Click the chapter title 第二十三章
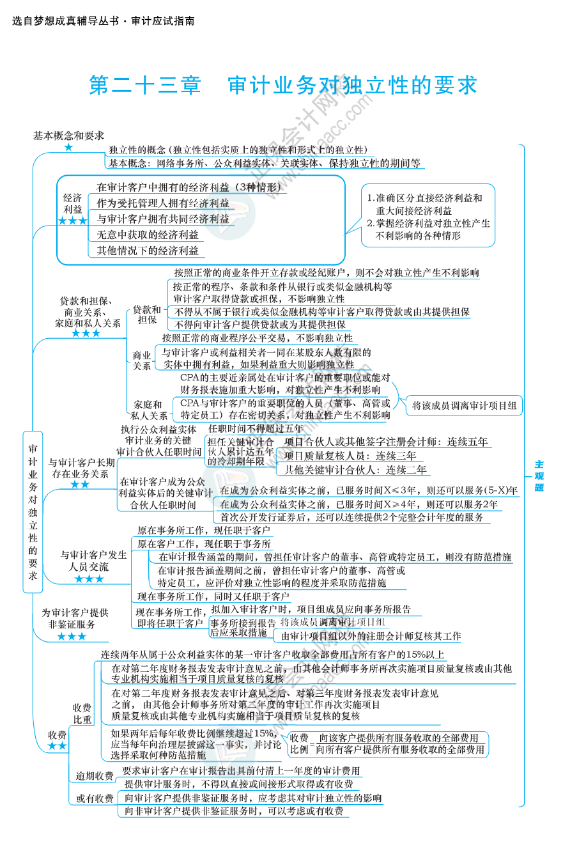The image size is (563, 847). click(145, 86)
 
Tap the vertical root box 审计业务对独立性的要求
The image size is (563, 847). click(33, 511)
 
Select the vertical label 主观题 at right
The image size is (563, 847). click(539, 476)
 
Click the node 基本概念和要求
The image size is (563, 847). click(68, 136)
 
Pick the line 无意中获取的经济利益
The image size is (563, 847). click(148, 235)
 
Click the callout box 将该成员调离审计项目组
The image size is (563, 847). click(465, 405)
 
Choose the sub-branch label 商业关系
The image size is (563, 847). click(142, 361)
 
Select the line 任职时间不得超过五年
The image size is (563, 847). click(256, 429)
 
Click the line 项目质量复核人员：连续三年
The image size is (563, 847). click(350, 456)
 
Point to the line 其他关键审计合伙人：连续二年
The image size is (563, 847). click(355, 470)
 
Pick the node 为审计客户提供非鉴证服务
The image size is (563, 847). click(75, 618)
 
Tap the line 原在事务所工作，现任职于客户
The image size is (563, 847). click(203, 531)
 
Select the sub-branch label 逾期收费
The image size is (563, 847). click(95, 776)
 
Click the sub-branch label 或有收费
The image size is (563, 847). click(95, 798)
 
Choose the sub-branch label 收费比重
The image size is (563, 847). click(82, 713)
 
